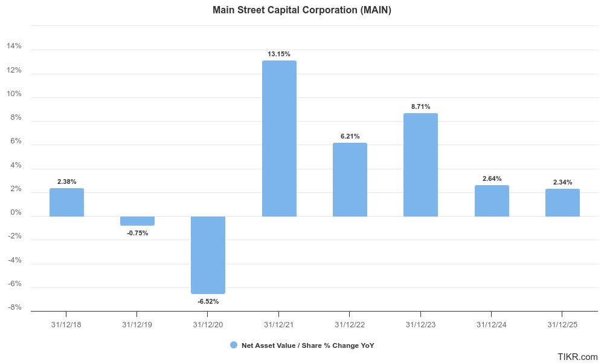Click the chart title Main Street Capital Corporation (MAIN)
[x=302, y=10]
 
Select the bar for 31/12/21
[x=279, y=139]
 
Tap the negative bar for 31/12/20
[x=208, y=255]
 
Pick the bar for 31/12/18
[x=66, y=202]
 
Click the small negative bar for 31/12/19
[x=137, y=221]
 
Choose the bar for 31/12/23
[x=420, y=165]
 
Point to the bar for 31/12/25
[x=562, y=203]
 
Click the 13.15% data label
[x=279, y=54]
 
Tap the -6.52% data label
[x=208, y=301]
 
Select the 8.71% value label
[x=420, y=106]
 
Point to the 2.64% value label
[x=492, y=178]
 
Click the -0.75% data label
[x=137, y=233]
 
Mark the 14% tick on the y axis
[x=14, y=47]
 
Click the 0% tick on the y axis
[x=16, y=213]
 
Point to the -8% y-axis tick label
[x=14, y=307]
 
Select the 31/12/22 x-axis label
[x=350, y=324]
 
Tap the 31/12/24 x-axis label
[x=492, y=324]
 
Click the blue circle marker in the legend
[x=234, y=345]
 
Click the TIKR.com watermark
[x=577, y=357]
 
